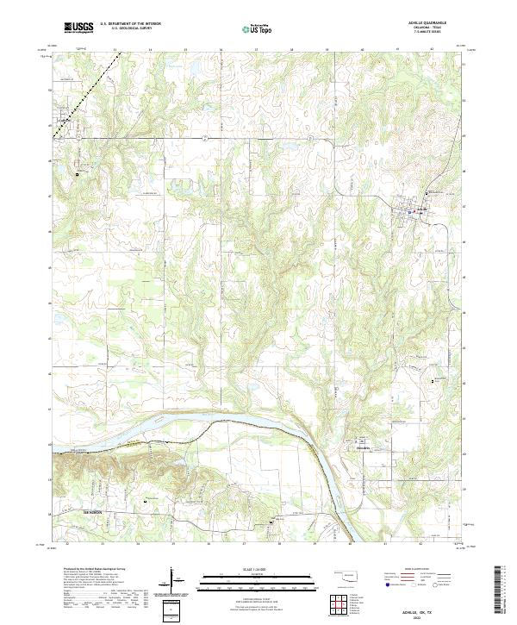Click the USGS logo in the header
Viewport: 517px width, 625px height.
tap(78, 28)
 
